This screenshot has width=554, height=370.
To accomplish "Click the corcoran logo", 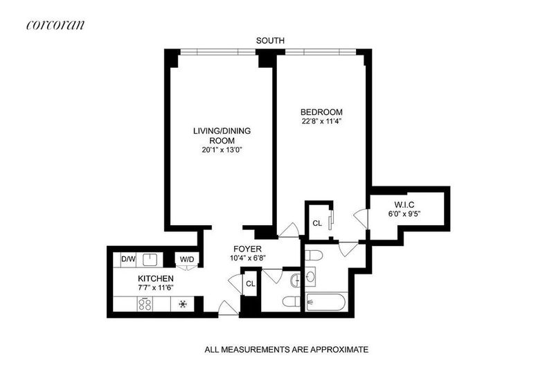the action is coord(55,25).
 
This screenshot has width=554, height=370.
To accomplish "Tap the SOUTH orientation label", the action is coord(270,41).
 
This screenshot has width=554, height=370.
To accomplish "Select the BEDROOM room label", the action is coord(321,112).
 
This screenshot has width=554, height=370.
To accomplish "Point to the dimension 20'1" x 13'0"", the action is coord(222,150).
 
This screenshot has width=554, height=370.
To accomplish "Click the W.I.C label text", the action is coord(404,204).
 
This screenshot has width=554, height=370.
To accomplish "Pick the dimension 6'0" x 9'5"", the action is coord(404,213).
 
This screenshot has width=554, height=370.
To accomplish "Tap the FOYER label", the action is coord(248,249).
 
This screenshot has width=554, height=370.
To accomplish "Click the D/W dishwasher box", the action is coord(128,259).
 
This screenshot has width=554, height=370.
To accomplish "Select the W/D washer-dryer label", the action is coord(187,259).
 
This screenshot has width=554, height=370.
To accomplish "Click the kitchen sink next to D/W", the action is coord(150,260).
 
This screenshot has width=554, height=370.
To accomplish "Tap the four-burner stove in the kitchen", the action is coord(145,304).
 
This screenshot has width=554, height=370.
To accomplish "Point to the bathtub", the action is coord(325,302).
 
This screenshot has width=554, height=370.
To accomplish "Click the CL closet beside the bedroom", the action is coord(317,223).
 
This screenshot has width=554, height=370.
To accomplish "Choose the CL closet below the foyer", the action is coord(251,283).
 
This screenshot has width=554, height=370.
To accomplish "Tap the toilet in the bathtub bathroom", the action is coord(314,255).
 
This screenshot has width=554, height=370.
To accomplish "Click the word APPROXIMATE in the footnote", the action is coord(339,350).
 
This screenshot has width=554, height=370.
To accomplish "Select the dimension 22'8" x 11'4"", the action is coord(321,121).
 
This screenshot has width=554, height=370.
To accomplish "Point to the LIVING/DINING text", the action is coord(222,131).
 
